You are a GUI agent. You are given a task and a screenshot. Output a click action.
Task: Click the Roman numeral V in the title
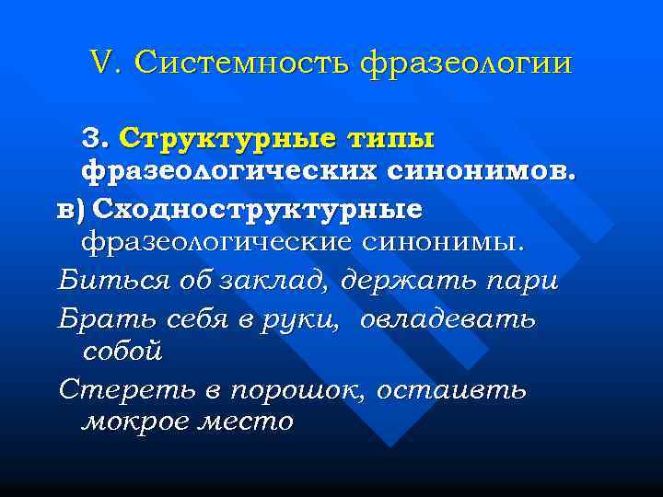point(101,64)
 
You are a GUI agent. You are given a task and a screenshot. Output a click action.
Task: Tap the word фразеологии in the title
point(467,64)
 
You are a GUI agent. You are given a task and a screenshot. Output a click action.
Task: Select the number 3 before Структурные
point(94,139)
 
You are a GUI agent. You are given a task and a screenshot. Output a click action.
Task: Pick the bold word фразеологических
point(225,173)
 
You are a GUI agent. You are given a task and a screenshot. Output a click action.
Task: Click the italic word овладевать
point(448,318)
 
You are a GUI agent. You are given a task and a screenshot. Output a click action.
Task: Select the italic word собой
point(122,351)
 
